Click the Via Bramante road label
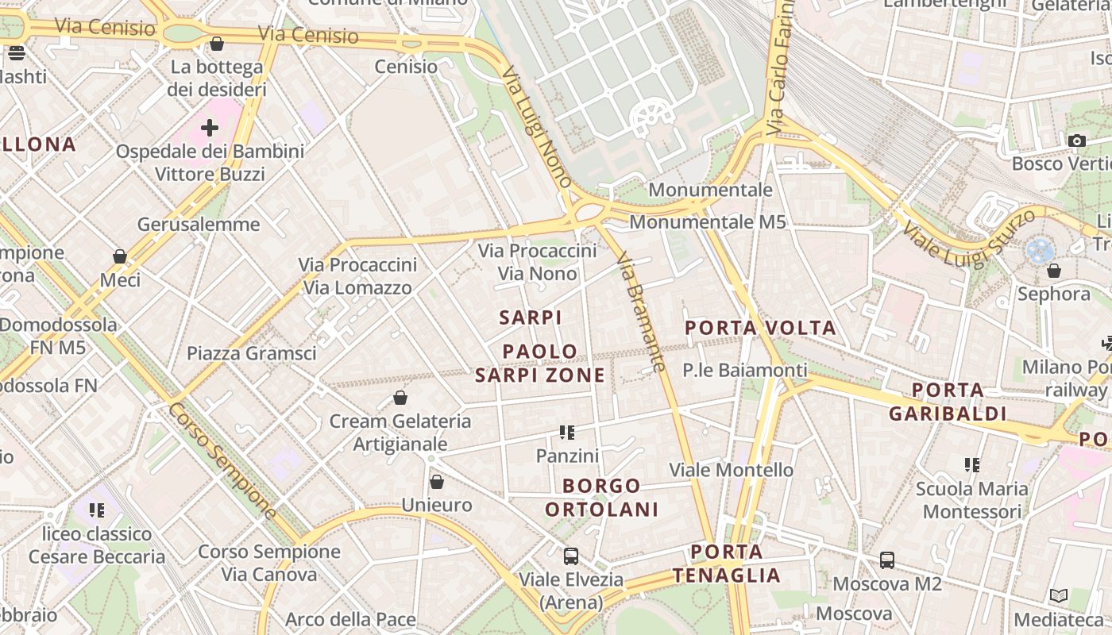pyautogui.click(x=640, y=312)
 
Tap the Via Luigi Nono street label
pyautogui.click(x=537, y=127)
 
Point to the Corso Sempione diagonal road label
pyautogui.click(x=222, y=460)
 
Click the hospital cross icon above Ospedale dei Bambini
pyautogui.click(x=210, y=127)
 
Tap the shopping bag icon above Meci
pyautogui.click(x=120, y=256)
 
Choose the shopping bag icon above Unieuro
pyautogui.click(x=436, y=482)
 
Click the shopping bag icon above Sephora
pyautogui.click(x=1054, y=271)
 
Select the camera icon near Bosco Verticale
pyautogui.click(x=1077, y=141)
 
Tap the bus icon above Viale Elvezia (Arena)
pyautogui.click(x=570, y=556)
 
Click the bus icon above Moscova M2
pyautogui.click(x=887, y=560)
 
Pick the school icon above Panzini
pyautogui.click(x=567, y=433)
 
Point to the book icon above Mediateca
pyautogui.click(x=1059, y=596)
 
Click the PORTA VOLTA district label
pyautogui.click(x=760, y=328)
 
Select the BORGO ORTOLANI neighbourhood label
pyautogui.click(x=602, y=498)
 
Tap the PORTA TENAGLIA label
pyautogui.click(x=727, y=564)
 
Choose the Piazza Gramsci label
pyautogui.click(x=251, y=353)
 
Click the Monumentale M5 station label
pyautogui.click(x=708, y=222)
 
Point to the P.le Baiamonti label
pyautogui.click(x=745, y=370)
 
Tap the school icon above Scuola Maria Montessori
pyautogui.click(x=972, y=464)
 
